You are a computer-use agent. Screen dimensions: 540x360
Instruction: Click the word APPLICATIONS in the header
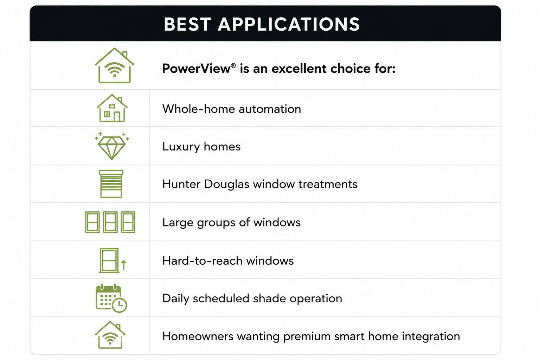coord(289,24)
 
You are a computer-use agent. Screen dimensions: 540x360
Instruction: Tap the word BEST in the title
coord(187,24)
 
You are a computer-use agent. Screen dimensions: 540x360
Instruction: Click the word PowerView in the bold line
coord(196,69)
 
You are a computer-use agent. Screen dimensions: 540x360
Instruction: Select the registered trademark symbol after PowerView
coord(233,65)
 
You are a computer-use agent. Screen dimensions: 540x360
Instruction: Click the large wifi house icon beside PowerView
coord(114,66)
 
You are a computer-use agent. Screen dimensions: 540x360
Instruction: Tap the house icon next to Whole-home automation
coord(112,108)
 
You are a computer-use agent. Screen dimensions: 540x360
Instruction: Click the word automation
coord(270,109)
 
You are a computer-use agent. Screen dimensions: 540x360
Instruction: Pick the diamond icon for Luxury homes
coord(112,146)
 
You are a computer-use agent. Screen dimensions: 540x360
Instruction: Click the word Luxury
coord(181,147)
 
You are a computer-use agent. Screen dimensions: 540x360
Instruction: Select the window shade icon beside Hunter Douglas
coord(111,184)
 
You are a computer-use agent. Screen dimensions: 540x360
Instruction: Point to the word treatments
coord(328,184)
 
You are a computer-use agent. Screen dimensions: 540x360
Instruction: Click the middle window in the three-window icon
coord(110,222)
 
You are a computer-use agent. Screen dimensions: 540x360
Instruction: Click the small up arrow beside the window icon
coord(124,265)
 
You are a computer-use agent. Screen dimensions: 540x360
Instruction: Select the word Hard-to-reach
coord(202,261)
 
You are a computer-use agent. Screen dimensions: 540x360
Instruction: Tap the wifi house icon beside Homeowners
coord(110,335)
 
